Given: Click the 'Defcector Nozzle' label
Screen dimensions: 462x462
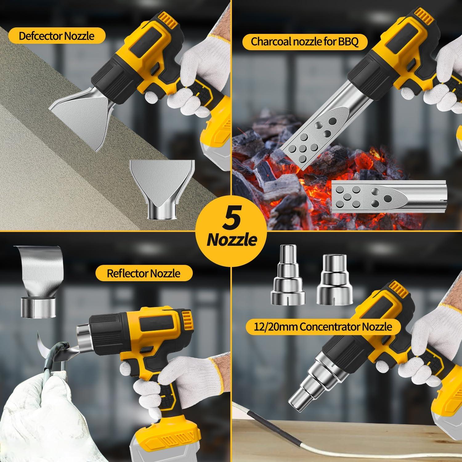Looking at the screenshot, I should coord(56,36).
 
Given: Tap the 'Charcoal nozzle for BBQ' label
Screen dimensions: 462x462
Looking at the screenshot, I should coord(305,41).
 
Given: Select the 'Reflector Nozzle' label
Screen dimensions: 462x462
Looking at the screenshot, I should coord(144,273).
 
